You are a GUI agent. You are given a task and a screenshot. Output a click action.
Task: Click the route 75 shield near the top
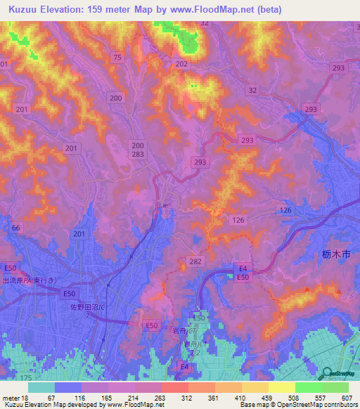[x=117, y=57]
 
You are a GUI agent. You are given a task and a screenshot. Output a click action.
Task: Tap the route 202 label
[x=181, y=64]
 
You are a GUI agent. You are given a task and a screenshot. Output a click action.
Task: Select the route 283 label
[x=138, y=154]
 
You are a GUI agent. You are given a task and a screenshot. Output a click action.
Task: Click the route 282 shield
[x=195, y=261]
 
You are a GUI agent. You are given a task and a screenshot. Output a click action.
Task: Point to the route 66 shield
[x=15, y=228]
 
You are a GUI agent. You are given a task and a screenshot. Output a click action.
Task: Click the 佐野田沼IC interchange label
[x=89, y=307]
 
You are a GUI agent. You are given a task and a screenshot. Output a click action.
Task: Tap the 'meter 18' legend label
[x=14, y=397]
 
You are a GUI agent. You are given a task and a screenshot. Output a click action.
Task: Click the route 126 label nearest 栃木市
[x=285, y=210]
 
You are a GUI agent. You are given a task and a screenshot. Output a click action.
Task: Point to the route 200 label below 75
[x=116, y=98]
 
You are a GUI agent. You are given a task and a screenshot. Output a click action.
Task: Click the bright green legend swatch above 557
[x=308, y=387]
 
